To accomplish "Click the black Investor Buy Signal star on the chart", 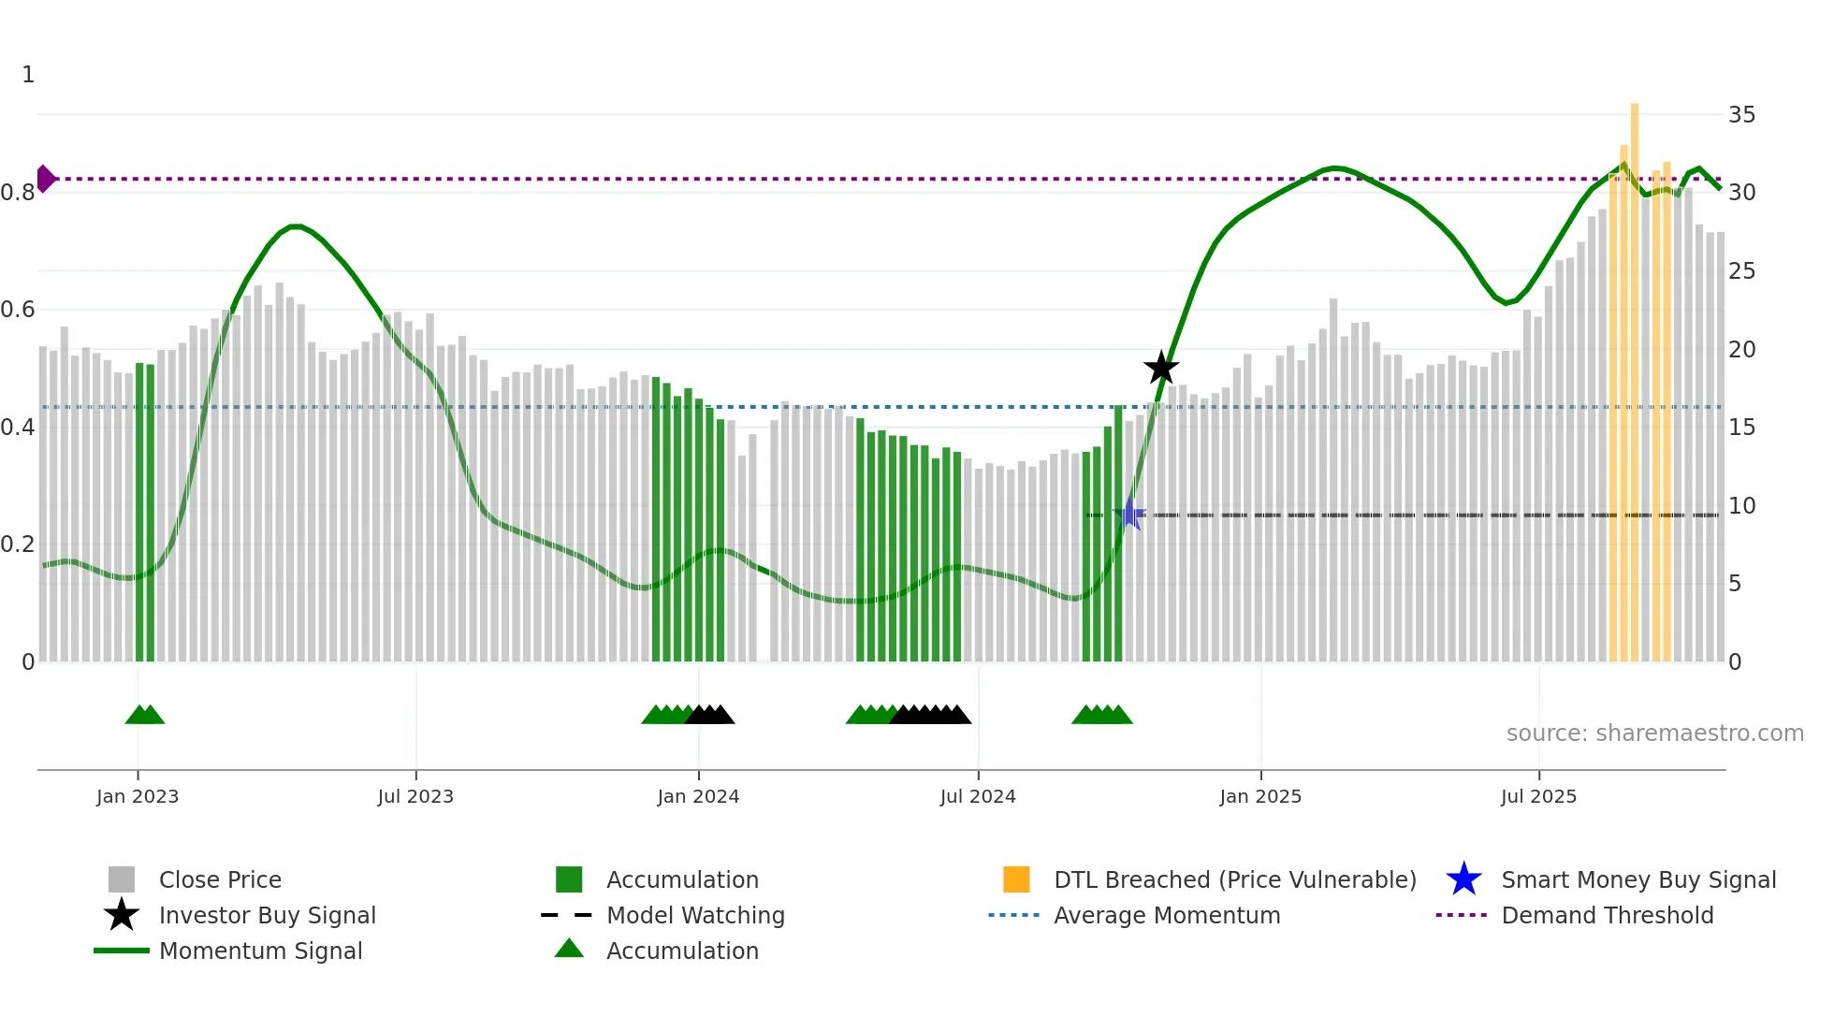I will (x=1161, y=368).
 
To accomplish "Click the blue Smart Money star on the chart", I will (x=1129, y=515).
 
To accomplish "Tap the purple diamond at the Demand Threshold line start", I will (x=45, y=179).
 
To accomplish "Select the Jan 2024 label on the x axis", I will (x=698, y=796).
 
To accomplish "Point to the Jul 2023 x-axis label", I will (x=415, y=796).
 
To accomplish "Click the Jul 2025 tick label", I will (x=1538, y=796).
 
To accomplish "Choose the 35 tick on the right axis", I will (x=1741, y=115).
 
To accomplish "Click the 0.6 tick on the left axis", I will (x=19, y=310).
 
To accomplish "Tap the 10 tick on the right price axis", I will (x=1741, y=506).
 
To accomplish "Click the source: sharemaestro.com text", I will (x=1654, y=733).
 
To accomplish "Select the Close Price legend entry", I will (x=220, y=879).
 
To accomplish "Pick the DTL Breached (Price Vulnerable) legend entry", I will (x=1234, y=879).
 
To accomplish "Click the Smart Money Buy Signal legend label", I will (x=1637, y=879).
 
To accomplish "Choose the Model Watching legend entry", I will (x=695, y=915).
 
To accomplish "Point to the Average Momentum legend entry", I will (x=1167, y=915).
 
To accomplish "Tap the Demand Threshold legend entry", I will (x=1607, y=915).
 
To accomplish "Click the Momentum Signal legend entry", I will (x=260, y=951).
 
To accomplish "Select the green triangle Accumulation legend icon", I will (x=569, y=949).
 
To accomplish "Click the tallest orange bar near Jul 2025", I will (x=1635, y=374).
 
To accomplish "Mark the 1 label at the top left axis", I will (x=28, y=75).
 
